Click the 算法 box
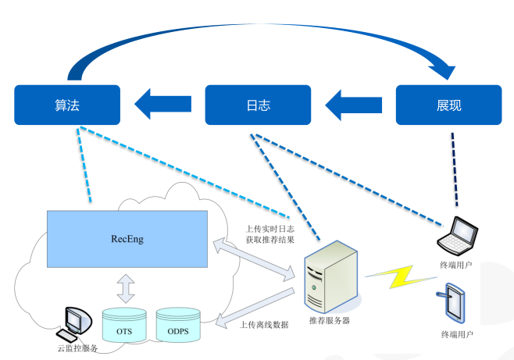(67, 105)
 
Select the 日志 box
(258, 105)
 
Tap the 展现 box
(448, 105)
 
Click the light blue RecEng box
(127, 238)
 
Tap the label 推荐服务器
(329, 321)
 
